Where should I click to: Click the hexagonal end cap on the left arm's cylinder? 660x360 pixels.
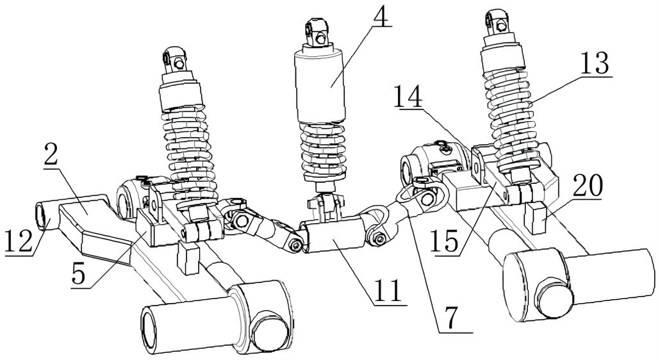(266, 331)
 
